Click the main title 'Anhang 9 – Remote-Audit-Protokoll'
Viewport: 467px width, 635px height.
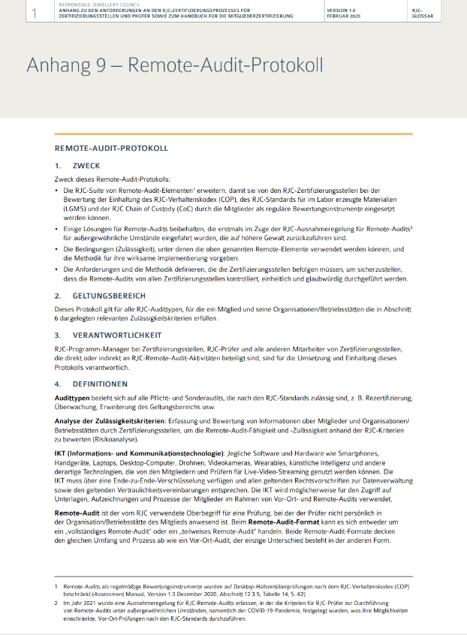(175, 65)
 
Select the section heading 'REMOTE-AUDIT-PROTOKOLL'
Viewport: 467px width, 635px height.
(111, 148)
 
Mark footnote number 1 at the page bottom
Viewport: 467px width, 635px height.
(56, 585)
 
